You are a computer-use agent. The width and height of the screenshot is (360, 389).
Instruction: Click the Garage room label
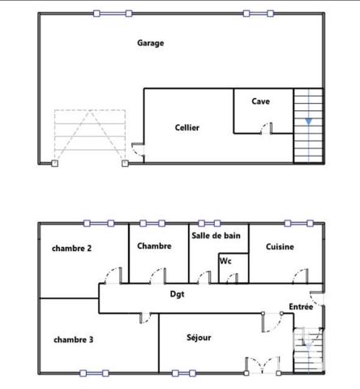tap(150, 43)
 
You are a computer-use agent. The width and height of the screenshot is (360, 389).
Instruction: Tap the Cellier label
tap(186, 127)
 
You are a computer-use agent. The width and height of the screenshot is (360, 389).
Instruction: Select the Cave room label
tap(260, 101)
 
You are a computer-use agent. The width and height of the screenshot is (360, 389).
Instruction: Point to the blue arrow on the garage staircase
tap(308, 122)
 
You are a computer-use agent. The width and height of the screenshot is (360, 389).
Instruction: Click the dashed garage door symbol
tap(89, 136)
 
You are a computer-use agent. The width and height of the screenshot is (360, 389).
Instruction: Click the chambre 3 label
tap(73, 340)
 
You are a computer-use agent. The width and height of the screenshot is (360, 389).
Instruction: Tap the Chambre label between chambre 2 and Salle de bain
tap(154, 246)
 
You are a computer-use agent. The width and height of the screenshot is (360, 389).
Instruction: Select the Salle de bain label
tap(216, 235)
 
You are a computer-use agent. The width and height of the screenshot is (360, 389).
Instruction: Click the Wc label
tap(225, 261)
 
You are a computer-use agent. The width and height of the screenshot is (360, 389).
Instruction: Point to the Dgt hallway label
tap(178, 294)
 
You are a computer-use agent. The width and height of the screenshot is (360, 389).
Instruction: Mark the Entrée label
tap(301, 306)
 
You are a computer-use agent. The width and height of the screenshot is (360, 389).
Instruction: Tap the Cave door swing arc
tap(267, 127)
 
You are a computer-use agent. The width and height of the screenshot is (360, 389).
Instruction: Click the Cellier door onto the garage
tap(138, 149)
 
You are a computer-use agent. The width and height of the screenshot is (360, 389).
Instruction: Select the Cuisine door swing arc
tap(300, 274)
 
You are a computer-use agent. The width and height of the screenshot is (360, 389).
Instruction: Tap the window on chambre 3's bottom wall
tap(93, 373)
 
